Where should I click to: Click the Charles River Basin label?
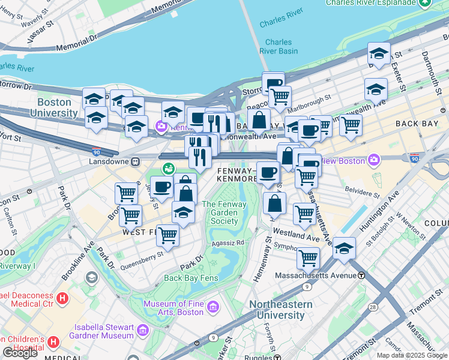pos(279,47)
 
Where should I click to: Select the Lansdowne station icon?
pos(136,161)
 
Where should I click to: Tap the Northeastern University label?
pos(281,310)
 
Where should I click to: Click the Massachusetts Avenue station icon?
pos(361,275)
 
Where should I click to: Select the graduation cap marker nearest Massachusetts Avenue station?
pos(345,247)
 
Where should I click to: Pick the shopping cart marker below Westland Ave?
pos(308,258)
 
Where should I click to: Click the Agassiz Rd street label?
pos(228,243)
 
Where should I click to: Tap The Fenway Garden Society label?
pos(220,212)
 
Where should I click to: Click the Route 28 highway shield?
pos(373,308)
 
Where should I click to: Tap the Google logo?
pos(20,353)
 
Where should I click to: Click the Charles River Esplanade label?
pos(370,3)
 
